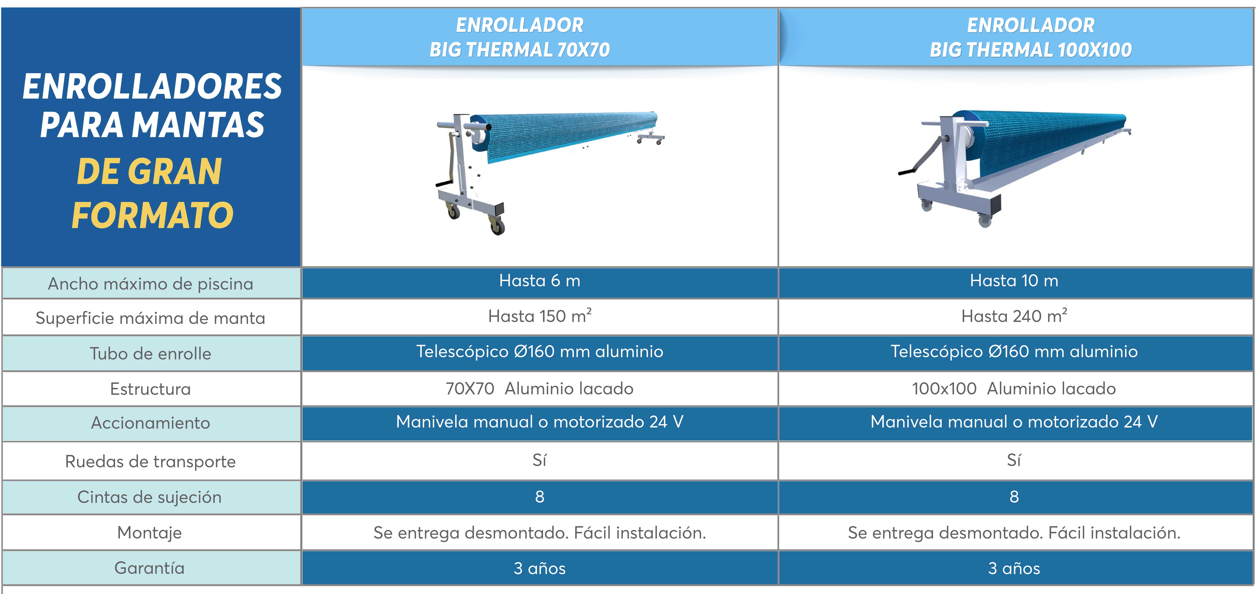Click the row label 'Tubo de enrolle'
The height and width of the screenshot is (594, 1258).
[151, 353]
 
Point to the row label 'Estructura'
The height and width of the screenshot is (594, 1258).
[151, 389]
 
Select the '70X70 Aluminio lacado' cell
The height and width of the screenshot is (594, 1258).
[540, 389]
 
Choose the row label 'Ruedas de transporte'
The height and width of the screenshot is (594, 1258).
[151, 462]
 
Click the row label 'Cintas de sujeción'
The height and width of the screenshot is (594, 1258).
[149, 497]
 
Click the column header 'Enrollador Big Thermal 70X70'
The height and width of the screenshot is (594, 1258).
[520, 37]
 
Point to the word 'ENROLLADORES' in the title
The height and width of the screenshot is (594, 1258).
[152, 86]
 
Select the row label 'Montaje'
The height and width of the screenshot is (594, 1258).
[149, 532]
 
